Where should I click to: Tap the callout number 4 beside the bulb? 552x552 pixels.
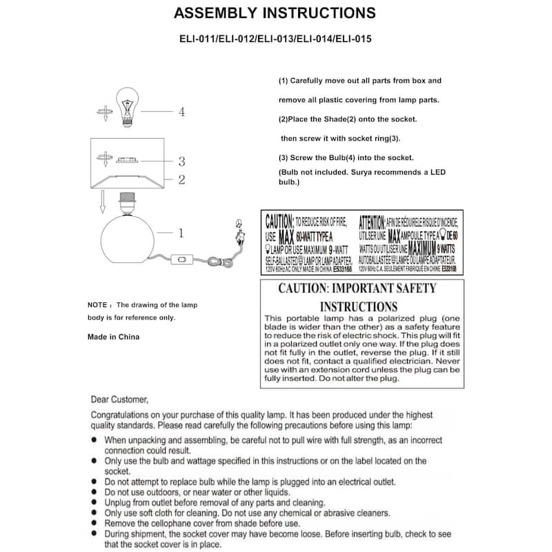(181, 111)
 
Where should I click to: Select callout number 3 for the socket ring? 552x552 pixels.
(181, 161)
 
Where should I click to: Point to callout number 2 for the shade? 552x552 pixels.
(181, 180)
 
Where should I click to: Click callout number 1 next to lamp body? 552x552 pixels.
(181, 233)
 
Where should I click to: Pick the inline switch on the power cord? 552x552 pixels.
(183, 261)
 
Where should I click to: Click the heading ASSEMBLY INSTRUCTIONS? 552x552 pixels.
(275, 13)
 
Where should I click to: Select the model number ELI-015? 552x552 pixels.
(354, 39)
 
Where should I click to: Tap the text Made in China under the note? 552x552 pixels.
(113, 337)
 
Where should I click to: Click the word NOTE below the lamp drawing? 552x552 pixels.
(97, 304)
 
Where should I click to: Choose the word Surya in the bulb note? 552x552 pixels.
(363, 172)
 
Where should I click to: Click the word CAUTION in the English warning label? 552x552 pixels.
(279, 221)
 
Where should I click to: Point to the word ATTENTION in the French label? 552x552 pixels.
(372, 221)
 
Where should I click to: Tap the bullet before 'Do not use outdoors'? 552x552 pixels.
(95, 493)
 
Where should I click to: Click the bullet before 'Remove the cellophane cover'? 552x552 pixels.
(95, 523)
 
